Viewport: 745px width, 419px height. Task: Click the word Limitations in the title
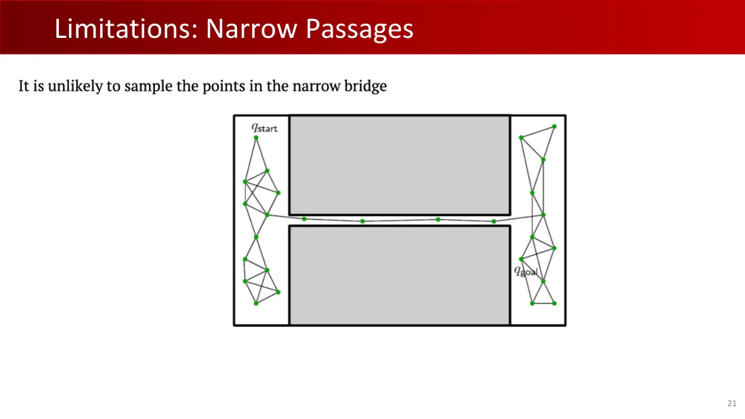point(126,28)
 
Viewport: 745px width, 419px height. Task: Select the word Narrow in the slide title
point(251,28)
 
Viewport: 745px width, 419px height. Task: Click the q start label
point(264,128)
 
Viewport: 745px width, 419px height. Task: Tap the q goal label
point(526,271)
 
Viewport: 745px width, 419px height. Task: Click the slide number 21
point(731,403)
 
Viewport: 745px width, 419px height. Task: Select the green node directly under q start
point(256,138)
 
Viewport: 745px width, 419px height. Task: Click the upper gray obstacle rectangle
point(400,165)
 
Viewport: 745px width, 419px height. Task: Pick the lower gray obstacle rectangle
point(400,275)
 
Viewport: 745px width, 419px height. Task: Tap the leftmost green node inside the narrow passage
point(304,219)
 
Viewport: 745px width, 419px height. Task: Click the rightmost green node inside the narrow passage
point(494,221)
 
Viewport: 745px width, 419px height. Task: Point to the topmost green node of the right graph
point(555,127)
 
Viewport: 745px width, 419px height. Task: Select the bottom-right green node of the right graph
point(555,303)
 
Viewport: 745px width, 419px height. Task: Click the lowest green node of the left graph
point(256,303)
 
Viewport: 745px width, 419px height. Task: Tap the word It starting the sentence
point(24,87)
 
